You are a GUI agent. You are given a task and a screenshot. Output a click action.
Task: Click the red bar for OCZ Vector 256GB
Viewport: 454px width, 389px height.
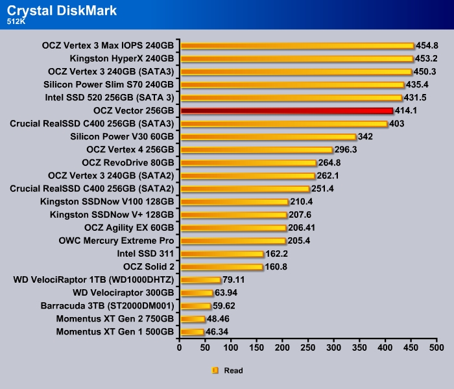pos(287,111)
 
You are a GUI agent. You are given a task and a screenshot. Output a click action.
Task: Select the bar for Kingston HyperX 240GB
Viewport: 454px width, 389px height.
pos(296,59)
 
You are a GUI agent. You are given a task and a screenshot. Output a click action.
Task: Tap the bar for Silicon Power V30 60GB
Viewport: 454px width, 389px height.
pos(268,137)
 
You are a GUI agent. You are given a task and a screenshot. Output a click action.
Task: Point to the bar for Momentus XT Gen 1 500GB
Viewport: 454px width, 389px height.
pos(193,332)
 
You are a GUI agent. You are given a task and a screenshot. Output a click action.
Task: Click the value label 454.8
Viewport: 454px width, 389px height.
pos(427,46)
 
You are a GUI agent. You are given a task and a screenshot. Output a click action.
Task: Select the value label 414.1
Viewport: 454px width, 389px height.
pos(407,111)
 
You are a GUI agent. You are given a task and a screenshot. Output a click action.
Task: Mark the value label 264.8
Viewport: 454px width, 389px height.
pos(329,163)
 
